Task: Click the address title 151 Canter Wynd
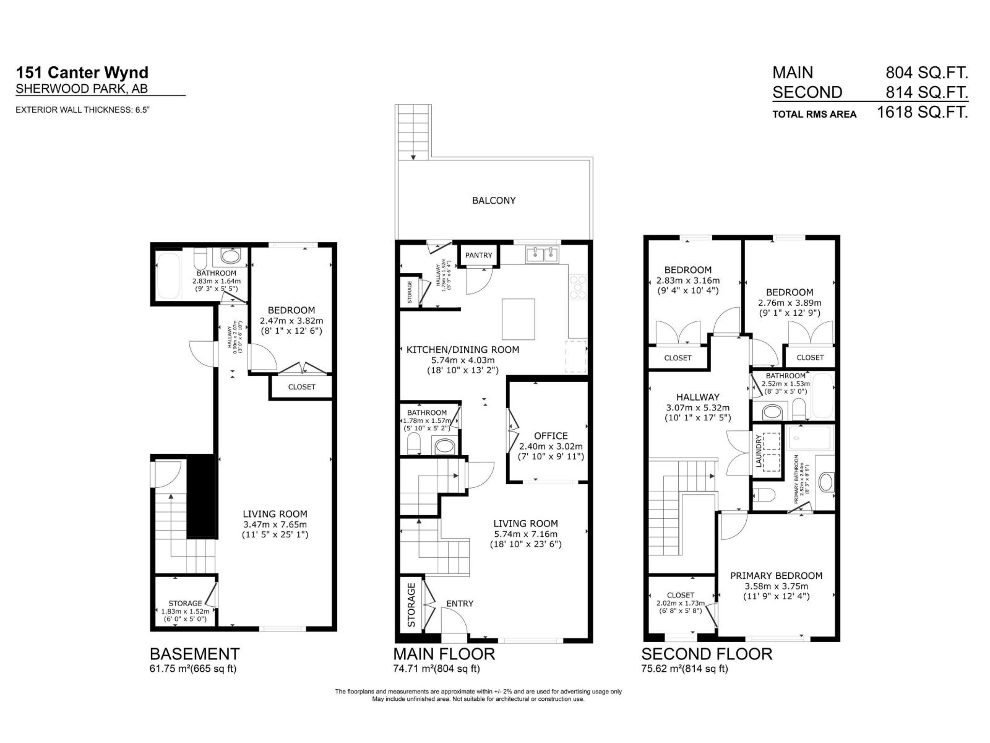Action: (82, 73)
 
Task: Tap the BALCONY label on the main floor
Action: (493, 201)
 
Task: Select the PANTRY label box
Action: (478, 255)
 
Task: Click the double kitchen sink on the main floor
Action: (543, 254)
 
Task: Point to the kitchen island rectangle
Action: (519, 319)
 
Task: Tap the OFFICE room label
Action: (551, 436)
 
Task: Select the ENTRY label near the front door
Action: (460, 603)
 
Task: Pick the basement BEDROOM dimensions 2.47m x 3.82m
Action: (291, 321)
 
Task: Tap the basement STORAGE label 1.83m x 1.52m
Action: (185, 610)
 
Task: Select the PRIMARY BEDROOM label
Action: (776, 576)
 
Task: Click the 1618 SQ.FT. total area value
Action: (922, 112)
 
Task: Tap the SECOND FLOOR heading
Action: (706, 654)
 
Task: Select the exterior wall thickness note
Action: (83, 110)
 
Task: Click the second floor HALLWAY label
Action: (697, 397)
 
